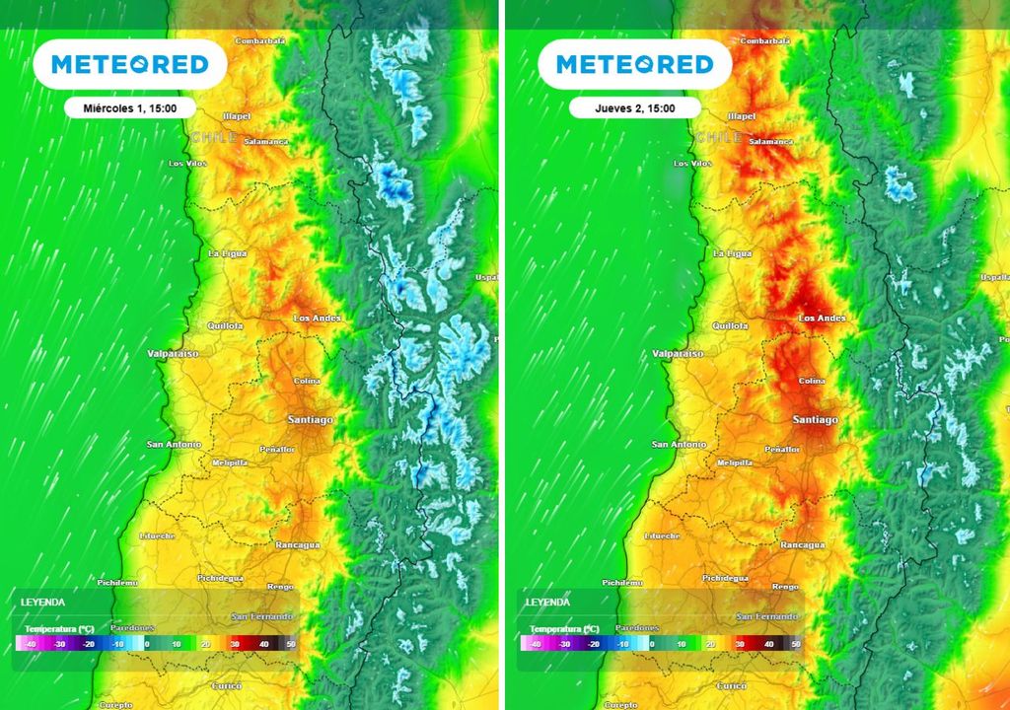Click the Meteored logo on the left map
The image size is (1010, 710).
pos(129,65)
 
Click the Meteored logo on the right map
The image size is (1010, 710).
pos(634,65)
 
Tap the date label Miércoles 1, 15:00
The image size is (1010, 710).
pos(130,108)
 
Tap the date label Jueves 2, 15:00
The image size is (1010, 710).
pos(635,108)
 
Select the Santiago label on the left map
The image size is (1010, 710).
pos(310,420)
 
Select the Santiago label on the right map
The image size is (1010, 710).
pos(815,420)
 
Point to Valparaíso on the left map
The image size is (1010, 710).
pos(174,353)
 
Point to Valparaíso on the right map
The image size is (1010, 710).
pos(679,353)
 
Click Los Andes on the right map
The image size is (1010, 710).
pos(822,319)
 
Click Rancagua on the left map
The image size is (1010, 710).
pos(297,545)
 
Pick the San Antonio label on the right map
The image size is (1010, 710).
pos(679,445)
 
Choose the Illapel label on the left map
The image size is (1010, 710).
pos(239,115)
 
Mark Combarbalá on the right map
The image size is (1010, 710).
pos(765,40)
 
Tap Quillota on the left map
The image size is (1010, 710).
pos(225,325)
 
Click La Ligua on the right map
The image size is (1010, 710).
pos(731,253)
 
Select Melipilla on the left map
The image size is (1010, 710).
pos(231,462)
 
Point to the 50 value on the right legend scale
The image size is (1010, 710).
pos(796,643)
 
